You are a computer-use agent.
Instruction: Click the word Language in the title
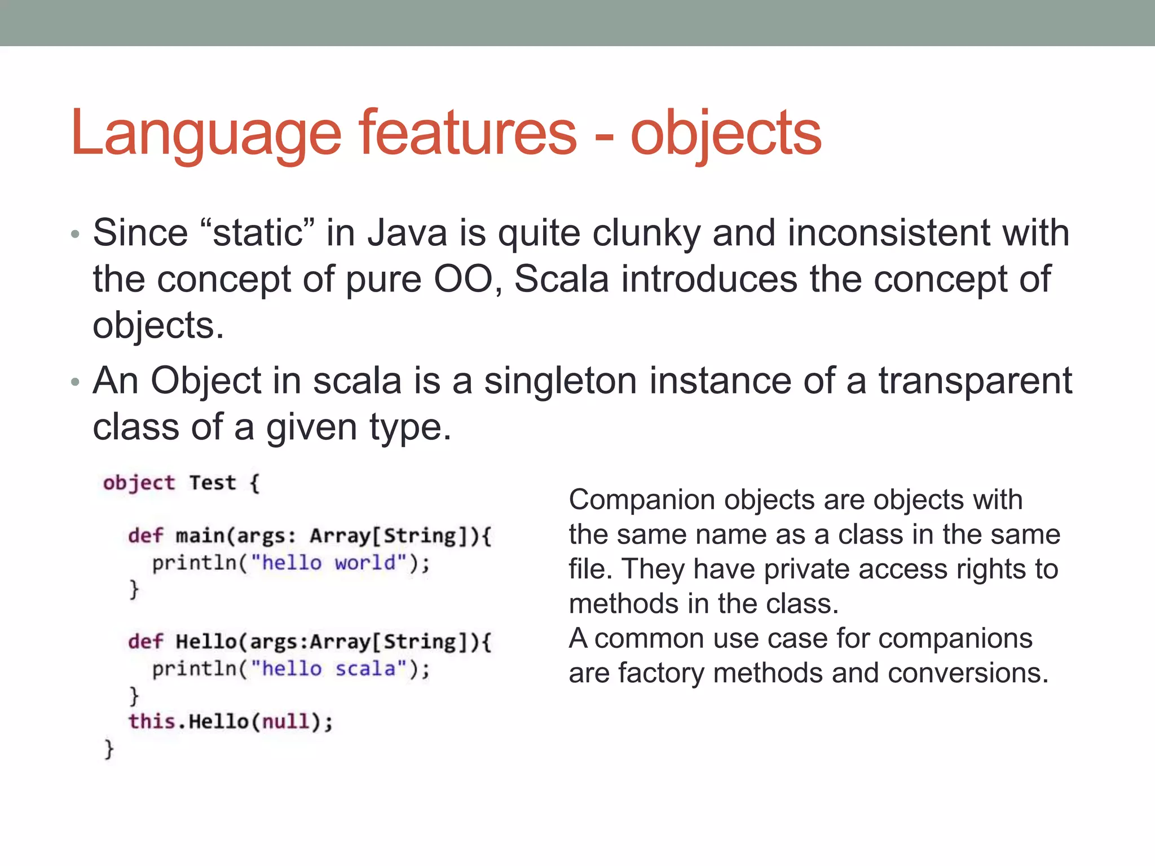click(x=206, y=134)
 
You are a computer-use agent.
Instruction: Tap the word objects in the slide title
click(x=725, y=134)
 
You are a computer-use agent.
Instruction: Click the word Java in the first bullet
click(x=407, y=233)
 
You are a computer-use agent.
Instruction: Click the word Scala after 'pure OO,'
click(x=562, y=279)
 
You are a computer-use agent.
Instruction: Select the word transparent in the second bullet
click(x=975, y=381)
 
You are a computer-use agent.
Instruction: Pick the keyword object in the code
click(x=139, y=483)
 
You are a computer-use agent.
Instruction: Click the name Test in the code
click(x=212, y=483)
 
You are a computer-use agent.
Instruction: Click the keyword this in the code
click(x=152, y=721)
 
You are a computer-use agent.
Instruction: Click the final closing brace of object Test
click(x=109, y=749)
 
